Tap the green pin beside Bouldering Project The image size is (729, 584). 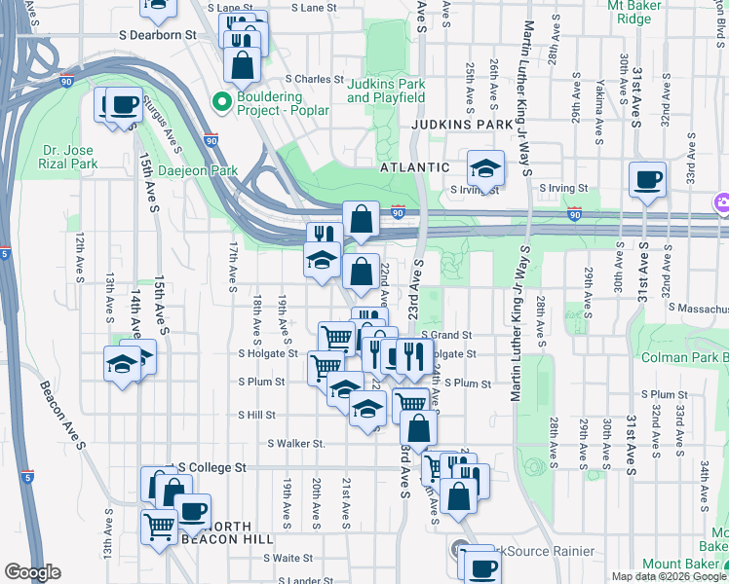(221, 100)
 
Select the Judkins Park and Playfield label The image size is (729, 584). (386, 91)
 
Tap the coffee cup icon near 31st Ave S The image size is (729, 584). (646, 179)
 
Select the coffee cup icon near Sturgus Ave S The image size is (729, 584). (124, 103)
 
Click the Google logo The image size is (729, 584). (32, 572)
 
